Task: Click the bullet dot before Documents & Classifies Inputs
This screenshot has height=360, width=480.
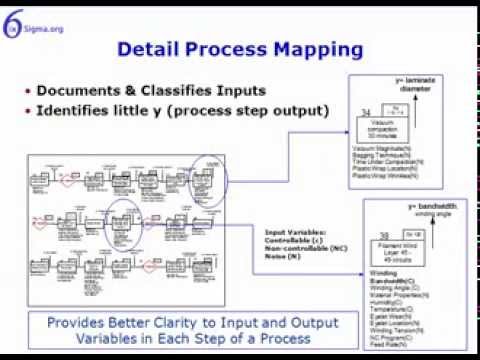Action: (27, 92)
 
